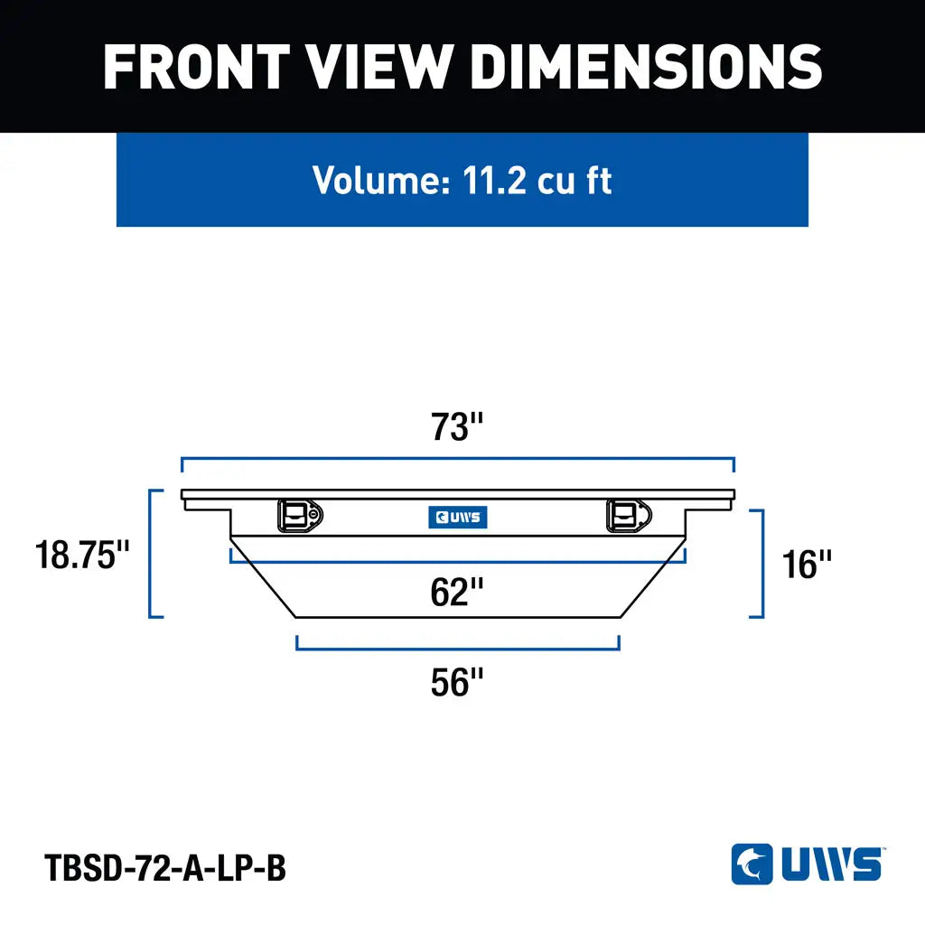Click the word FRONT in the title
(196, 67)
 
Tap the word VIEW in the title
(380, 67)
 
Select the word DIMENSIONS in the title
(647, 67)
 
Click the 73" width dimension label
(457, 426)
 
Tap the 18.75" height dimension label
(82, 556)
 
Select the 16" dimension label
(807, 565)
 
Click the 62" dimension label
(457, 592)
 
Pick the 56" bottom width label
(457, 682)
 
